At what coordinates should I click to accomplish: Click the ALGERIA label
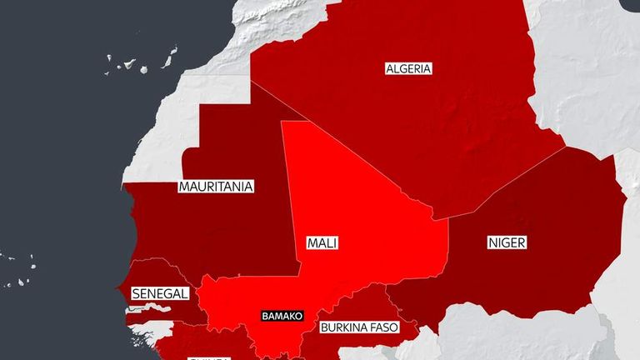tap(408, 69)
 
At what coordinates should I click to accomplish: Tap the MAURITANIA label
tap(216, 187)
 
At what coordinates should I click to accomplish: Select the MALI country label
tap(322, 244)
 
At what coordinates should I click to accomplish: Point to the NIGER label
tap(507, 242)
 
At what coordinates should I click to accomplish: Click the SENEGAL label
tap(160, 294)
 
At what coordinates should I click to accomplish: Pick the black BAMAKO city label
tap(282, 317)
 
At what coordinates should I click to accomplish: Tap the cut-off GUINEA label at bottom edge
tap(203, 357)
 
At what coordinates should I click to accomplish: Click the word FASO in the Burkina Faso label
tap(382, 327)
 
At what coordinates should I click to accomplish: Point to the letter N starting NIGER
tap(492, 242)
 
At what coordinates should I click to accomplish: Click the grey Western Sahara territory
tap(167, 133)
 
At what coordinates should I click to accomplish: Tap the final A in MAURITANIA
tap(248, 187)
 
